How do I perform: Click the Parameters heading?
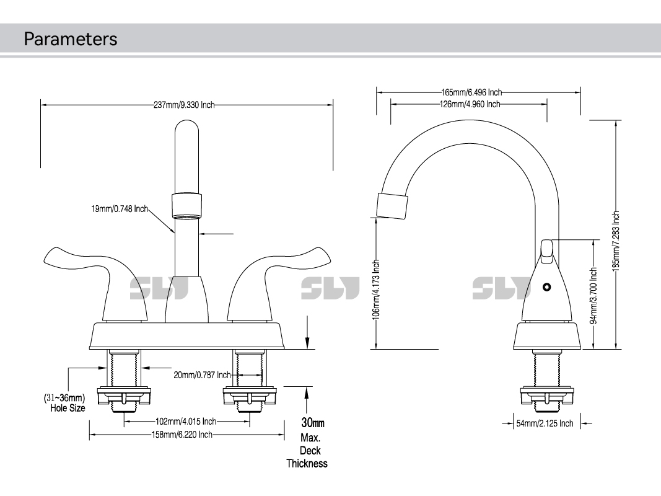(x=70, y=39)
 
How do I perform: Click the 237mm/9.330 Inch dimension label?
(x=184, y=105)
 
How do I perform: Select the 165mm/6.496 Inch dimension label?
(x=471, y=92)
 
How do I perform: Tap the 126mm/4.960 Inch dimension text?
(x=469, y=104)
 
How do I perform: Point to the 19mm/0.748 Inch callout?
(x=120, y=209)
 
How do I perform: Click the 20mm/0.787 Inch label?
(x=202, y=374)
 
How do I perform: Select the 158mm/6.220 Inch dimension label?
(x=182, y=435)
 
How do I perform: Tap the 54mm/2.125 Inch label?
(x=545, y=423)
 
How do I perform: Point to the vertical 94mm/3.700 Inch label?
(x=593, y=295)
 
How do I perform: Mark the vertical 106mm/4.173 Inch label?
(x=376, y=288)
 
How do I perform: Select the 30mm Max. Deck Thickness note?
(x=307, y=443)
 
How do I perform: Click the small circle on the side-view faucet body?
(x=546, y=287)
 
